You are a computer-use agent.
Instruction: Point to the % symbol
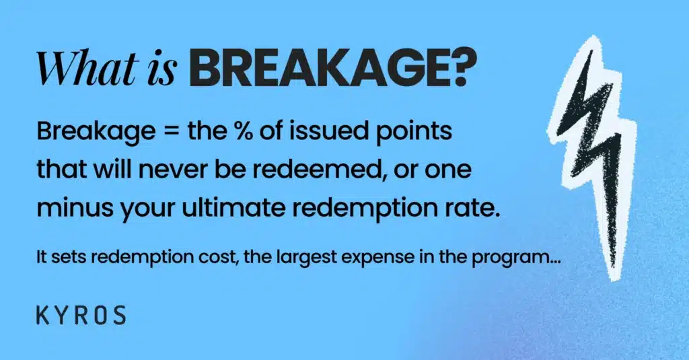click(x=243, y=131)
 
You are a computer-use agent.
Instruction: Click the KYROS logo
click(x=81, y=315)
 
